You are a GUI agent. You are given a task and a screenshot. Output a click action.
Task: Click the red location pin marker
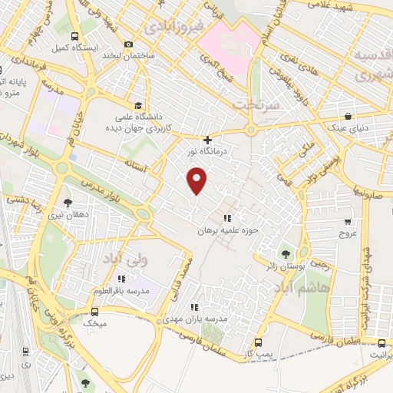point(197,181)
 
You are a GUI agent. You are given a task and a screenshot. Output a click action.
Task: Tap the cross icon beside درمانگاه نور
point(207,140)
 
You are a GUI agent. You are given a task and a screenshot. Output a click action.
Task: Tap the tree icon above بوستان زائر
point(286,253)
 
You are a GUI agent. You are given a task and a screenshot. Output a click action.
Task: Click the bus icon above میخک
point(95,312)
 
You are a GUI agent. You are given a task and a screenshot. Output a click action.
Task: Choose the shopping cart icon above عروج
point(348,220)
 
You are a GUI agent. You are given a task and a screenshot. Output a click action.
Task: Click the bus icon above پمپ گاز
point(258,343)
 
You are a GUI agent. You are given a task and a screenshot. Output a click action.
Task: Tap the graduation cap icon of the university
point(138,105)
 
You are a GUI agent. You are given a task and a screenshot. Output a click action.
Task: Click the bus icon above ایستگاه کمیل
point(74,36)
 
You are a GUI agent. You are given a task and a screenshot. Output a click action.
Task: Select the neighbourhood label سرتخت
point(254,103)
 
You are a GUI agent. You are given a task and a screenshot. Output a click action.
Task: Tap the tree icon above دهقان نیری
point(68,203)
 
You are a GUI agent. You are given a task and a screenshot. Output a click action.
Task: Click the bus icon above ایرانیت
point(381,343)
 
